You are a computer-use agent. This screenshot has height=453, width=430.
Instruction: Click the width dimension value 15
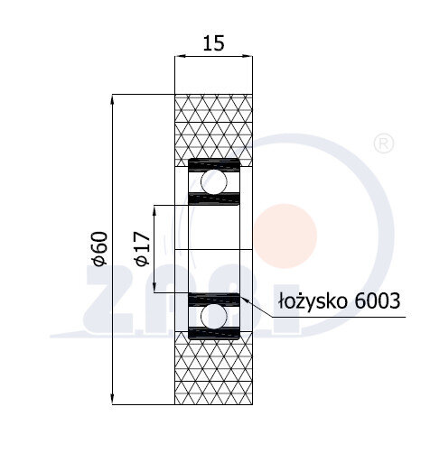tap(213, 42)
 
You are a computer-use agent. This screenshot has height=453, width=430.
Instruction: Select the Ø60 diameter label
tap(99, 248)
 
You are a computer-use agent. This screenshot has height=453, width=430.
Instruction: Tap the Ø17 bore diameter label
tap(140, 248)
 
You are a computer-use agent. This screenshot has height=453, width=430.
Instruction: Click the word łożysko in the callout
tap(309, 300)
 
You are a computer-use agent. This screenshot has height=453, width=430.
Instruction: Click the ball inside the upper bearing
tap(214, 182)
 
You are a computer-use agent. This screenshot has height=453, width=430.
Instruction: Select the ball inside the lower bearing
tap(214, 316)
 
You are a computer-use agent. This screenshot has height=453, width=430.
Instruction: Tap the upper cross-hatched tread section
tap(214, 126)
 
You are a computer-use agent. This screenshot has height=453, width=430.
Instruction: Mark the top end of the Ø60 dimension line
tap(112, 95)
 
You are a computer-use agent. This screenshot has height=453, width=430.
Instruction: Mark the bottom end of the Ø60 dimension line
tap(112, 403)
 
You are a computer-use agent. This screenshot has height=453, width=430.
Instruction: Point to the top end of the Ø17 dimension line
tap(156, 206)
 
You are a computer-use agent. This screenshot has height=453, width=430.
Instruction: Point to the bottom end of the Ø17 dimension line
tap(156, 292)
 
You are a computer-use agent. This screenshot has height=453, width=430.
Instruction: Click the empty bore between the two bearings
tap(214, 249)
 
